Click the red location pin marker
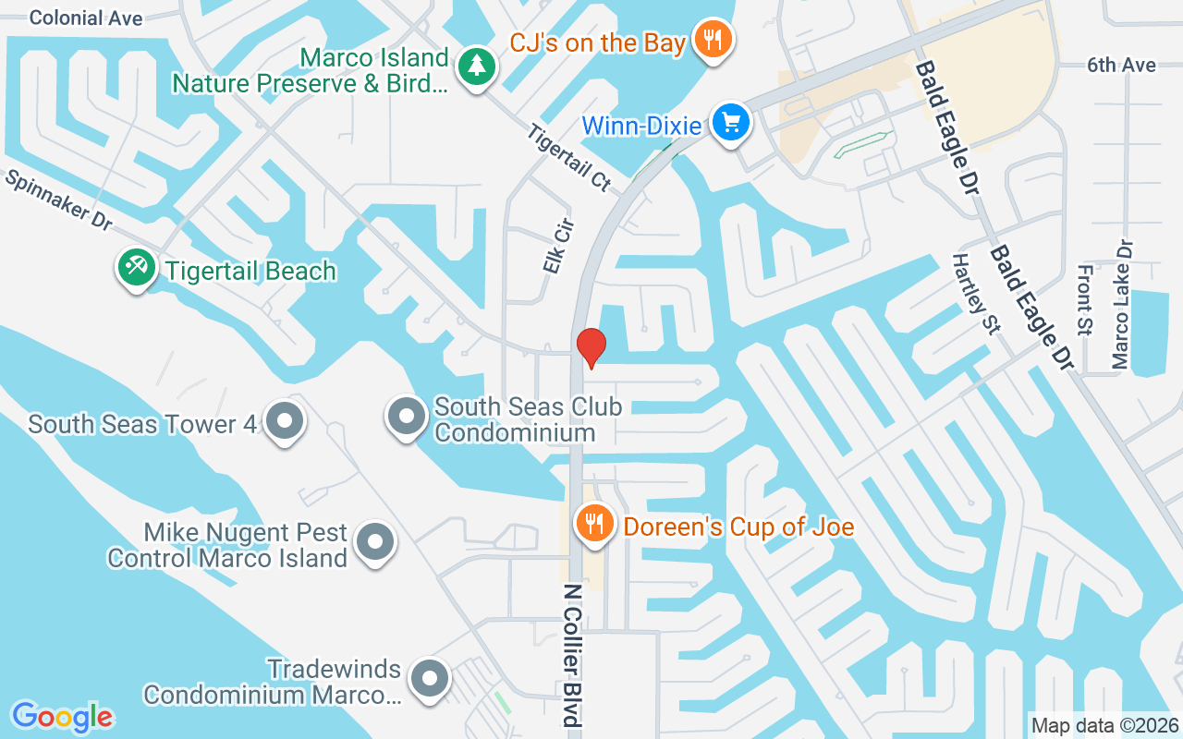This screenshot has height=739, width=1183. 591,347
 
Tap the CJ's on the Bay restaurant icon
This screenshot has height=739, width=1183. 713,40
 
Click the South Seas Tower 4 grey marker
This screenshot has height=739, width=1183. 285,421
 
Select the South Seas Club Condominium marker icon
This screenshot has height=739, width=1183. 406,417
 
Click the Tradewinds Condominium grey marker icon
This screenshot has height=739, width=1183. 429,680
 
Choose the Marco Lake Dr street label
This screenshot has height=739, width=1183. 1122,305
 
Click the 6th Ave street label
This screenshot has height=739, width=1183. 1121,65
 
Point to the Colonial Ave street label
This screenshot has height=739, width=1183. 86,18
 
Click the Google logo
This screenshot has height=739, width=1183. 62,717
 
